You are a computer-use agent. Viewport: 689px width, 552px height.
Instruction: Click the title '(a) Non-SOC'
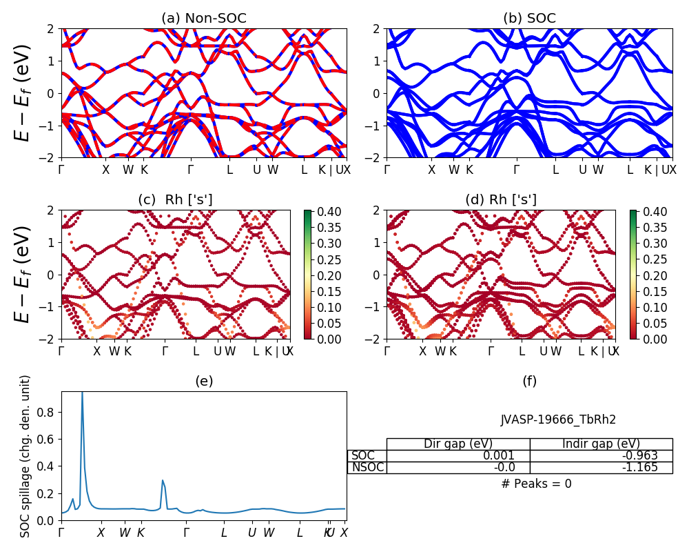coord(203,19)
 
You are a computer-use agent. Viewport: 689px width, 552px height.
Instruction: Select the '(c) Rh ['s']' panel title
coord(175,199)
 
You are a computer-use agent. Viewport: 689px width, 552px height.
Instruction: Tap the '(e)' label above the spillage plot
coord(203,381)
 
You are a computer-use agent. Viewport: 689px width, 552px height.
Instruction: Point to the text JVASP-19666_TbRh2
coord(558,420)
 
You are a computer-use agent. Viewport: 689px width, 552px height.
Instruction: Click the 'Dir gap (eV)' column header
coord(457,444)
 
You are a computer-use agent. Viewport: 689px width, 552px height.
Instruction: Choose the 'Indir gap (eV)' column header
coord(601,444)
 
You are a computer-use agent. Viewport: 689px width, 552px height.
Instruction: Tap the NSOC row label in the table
coord(367,467)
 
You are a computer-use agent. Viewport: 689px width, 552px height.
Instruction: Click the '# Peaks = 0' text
coord(536,484)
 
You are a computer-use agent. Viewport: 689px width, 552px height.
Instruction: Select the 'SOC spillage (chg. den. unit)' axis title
coord(25,456)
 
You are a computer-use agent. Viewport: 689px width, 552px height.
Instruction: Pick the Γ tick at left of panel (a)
coord(62,170)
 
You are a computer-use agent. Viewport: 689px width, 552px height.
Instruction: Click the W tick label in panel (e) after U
coord(269,533)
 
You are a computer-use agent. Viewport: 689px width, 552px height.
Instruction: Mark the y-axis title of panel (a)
coord(24,93)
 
